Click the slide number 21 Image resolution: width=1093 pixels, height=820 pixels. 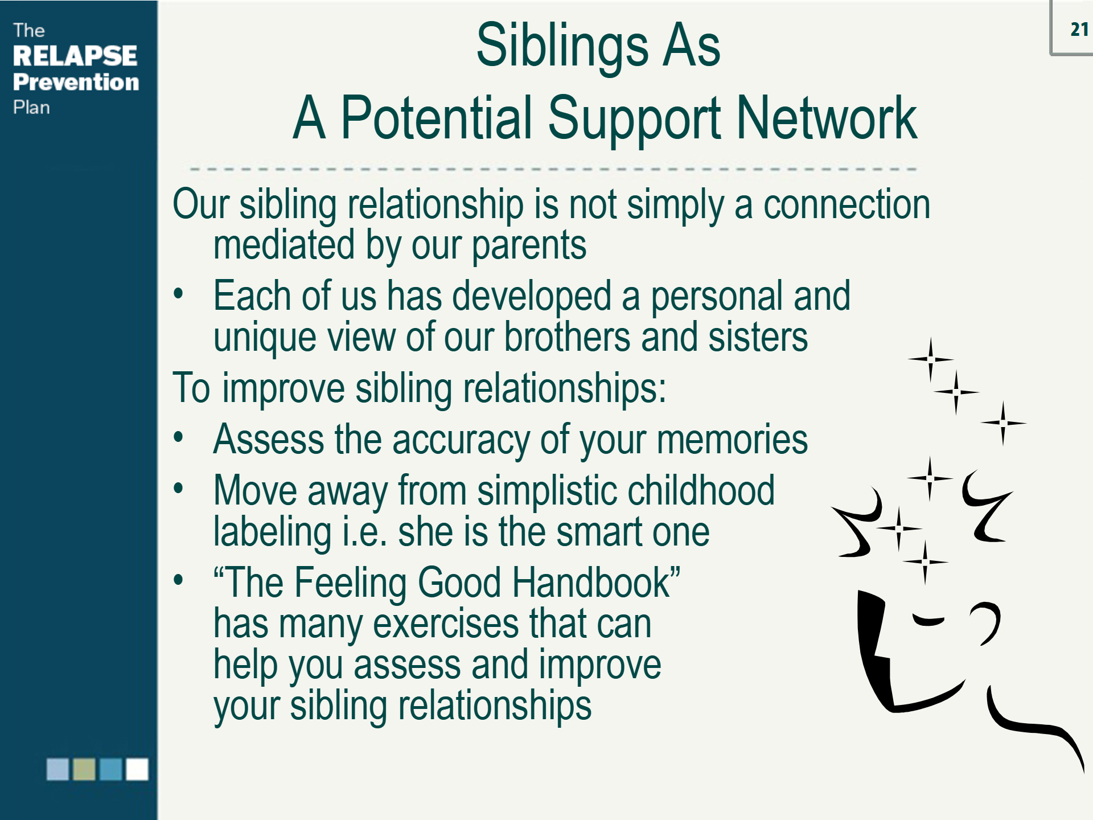pyautogui.click(x=1079, y=29)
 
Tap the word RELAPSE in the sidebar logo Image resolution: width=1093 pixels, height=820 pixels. pyautogui.click(x=75, y=56)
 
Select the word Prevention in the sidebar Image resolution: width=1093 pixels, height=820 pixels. pyautogui.click(x=76, y=82)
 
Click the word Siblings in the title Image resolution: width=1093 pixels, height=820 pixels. pyautogui.click(x=561, y=47)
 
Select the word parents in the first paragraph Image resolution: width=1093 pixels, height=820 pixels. pyautogui.click(x=529, y=246)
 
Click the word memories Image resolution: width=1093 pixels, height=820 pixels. pyautogui.click(x=732, y=440)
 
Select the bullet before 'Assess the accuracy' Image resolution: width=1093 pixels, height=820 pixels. pyautogui.click(x=179, y=438)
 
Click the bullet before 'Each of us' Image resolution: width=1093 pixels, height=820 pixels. pyautogui.click(x=179, y=294)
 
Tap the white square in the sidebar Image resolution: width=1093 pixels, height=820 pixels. pyautogui.click(x=137, y=769)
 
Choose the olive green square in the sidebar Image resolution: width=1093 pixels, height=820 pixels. pyautogui.click(x=84, y=769)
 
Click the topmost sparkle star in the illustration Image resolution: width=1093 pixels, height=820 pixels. pyautogui.click(x=931, y=359)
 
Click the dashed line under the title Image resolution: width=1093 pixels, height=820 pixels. pyautogui.click(x=552, y=169)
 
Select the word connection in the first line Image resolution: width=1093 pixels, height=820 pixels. pyautogui.click(x=847, y=205)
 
